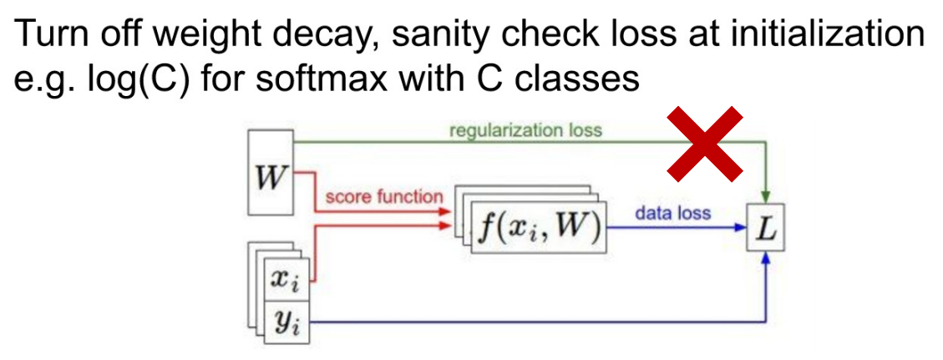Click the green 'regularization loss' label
(x=525, y=130)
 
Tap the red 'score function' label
(x=383, y=197)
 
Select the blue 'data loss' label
(x=672, y=213)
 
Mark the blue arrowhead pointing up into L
(x=765, y=260)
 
